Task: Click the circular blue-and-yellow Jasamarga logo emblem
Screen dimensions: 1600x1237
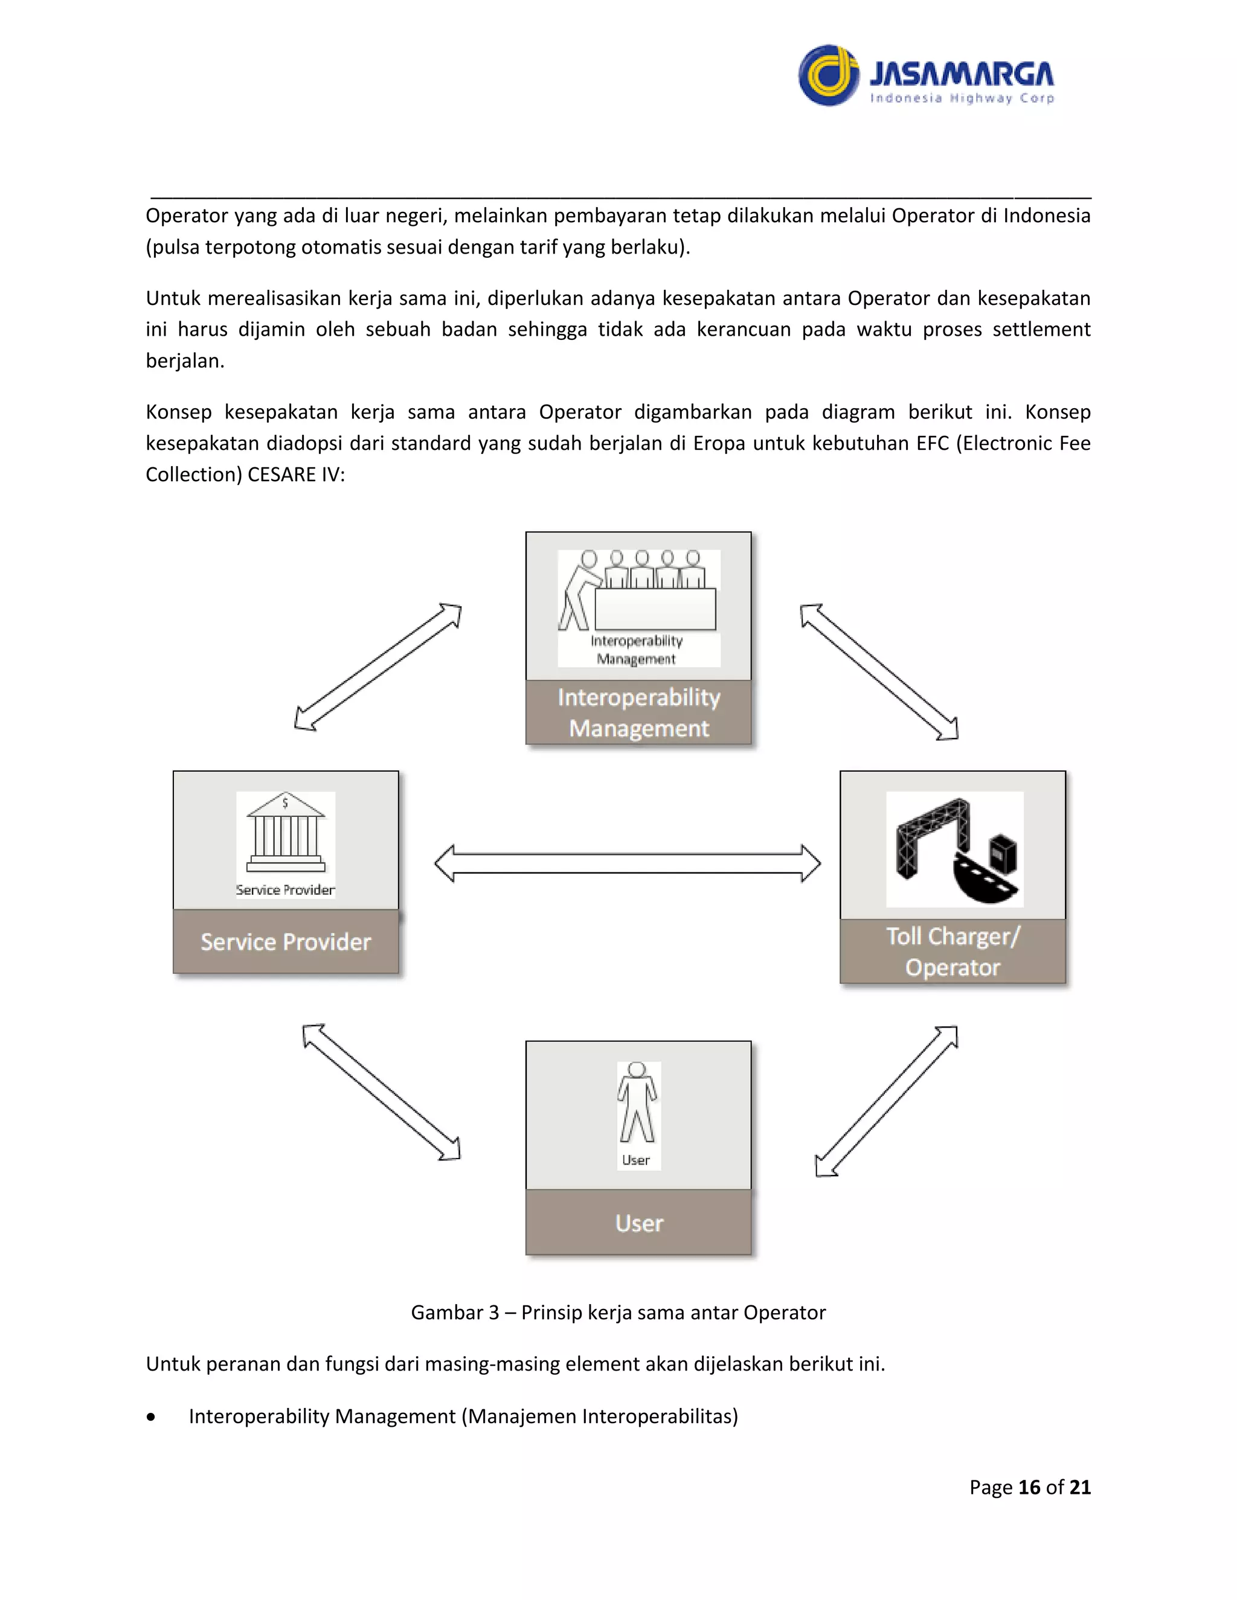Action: (828, 75)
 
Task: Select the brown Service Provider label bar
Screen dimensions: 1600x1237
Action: (286, 941)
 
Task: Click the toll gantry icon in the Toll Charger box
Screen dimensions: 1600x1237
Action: (954, 848)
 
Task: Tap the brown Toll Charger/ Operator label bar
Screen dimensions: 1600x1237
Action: (953, 951)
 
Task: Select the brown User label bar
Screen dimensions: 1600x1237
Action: (638, 1223)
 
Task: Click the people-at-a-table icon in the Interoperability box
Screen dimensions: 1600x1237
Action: (638, 592)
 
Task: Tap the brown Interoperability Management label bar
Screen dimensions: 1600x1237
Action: (638, 712)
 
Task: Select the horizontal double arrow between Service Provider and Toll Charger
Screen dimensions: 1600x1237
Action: (628, 863)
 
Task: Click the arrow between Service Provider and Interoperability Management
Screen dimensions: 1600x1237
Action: (378, 667)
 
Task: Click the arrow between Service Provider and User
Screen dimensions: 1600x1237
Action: (381, 1092)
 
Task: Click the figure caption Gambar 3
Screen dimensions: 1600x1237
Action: (618, 1312)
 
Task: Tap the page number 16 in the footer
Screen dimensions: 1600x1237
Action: (1029, 1486)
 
